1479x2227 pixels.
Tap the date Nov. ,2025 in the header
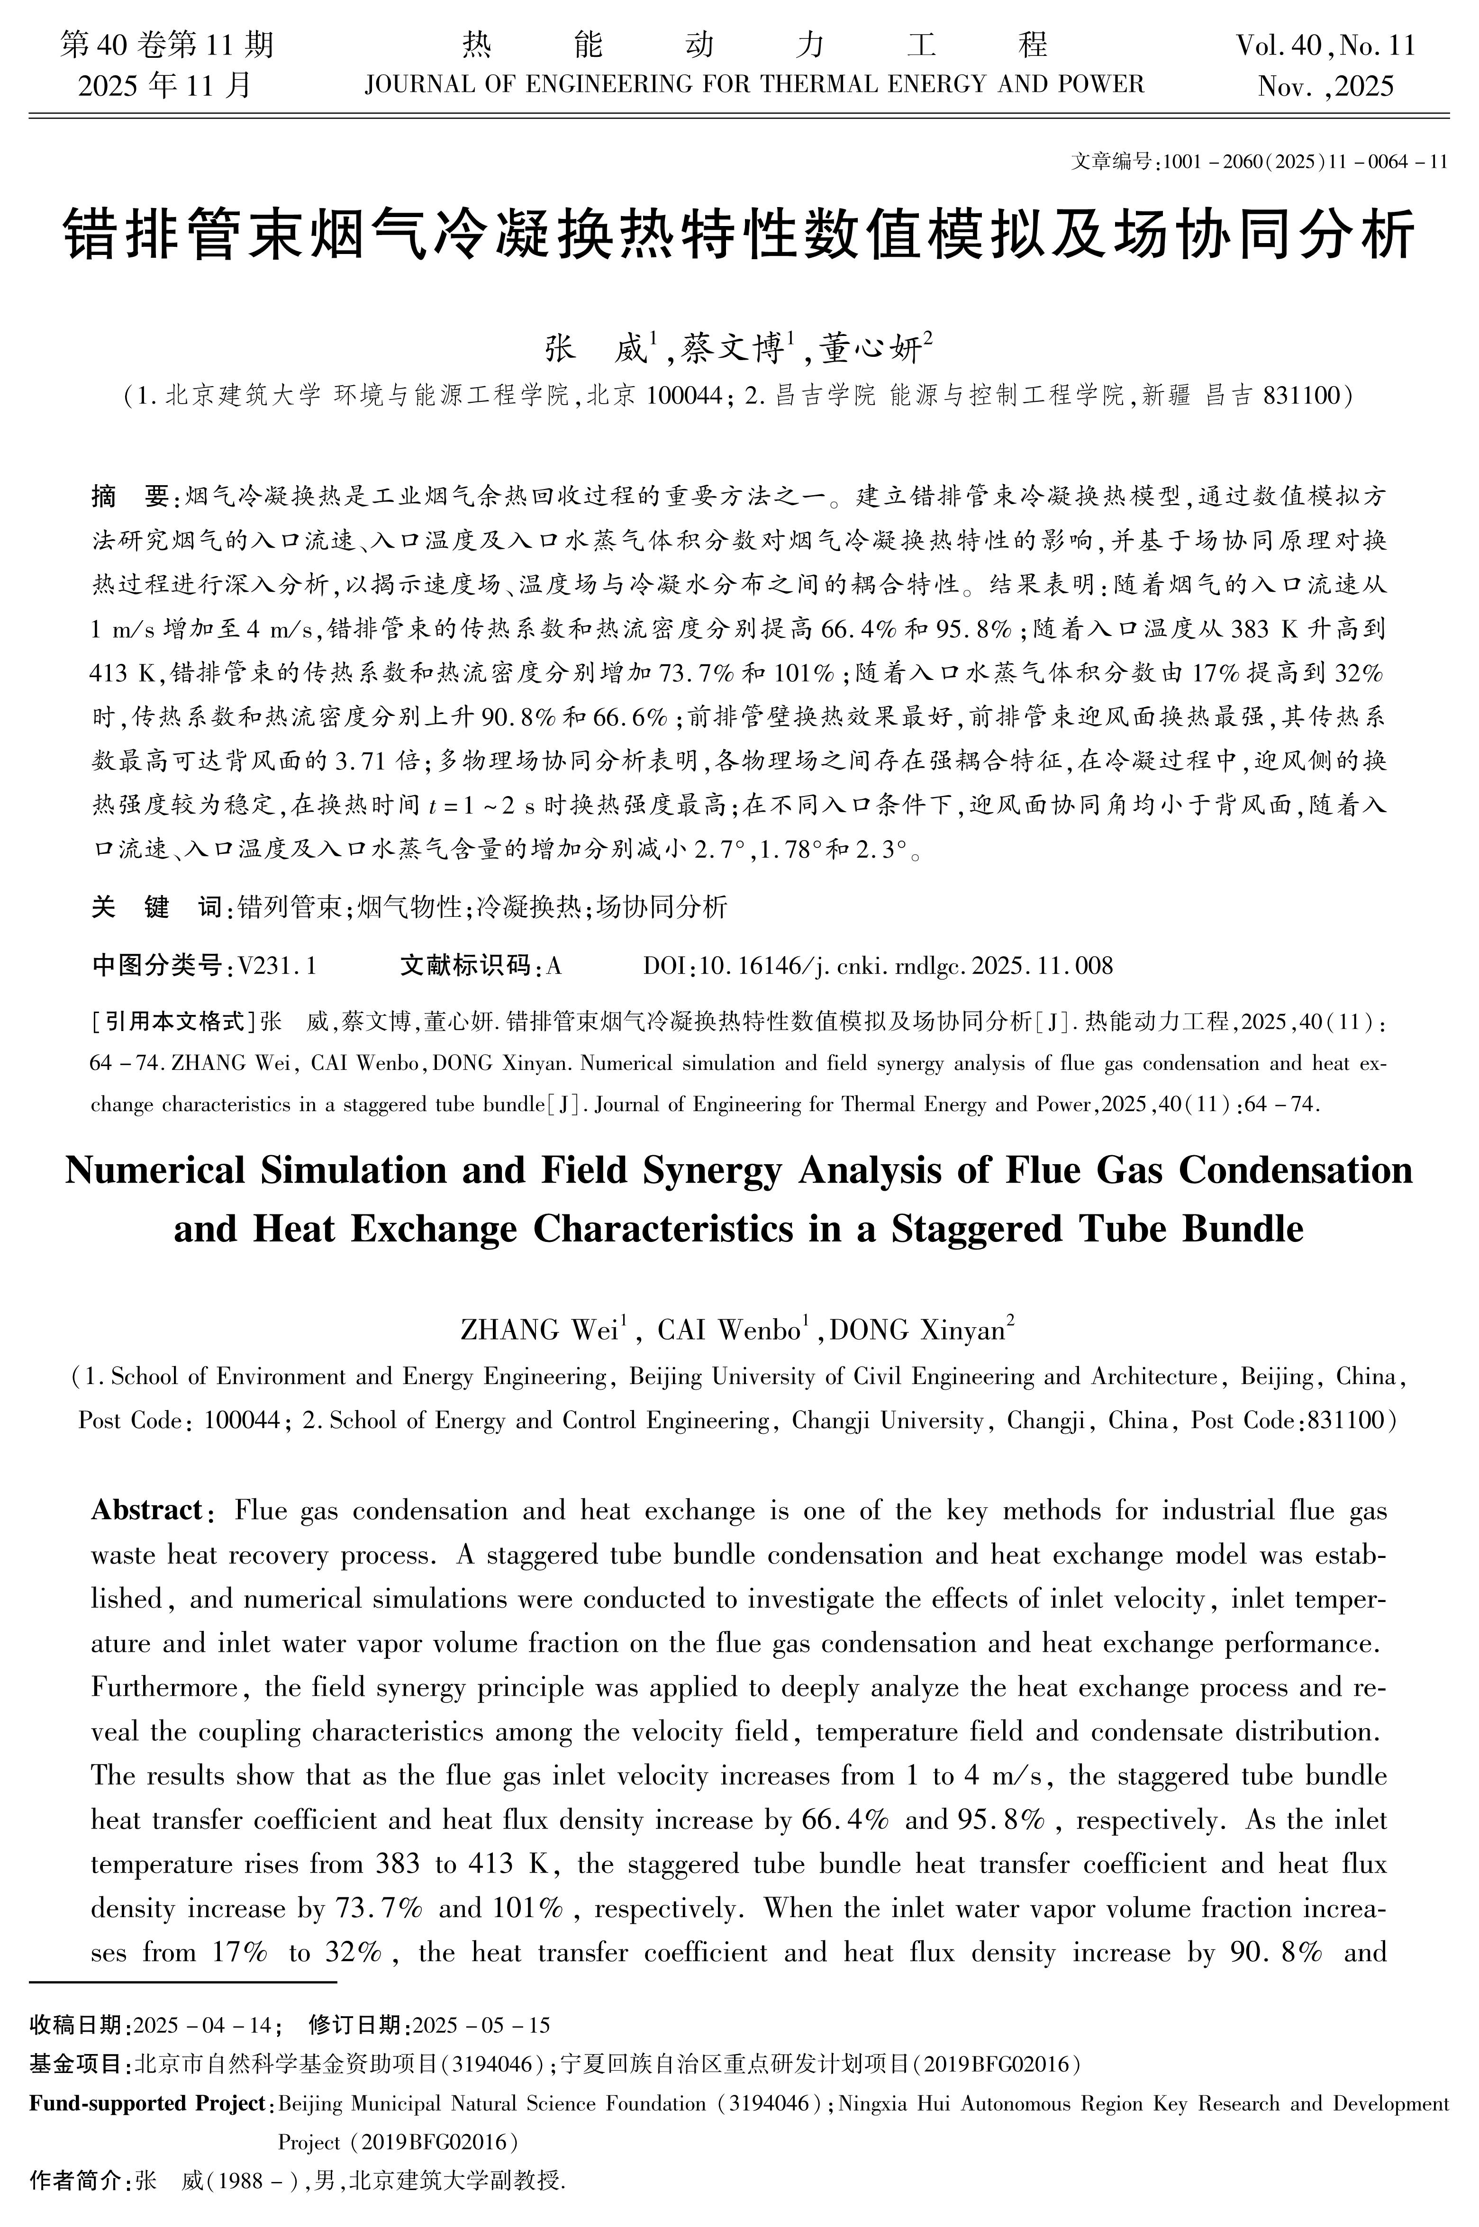pyautogui.click(x=1325, y=87)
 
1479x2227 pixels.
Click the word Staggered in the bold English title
pyautogui.click(x=962, y=1229)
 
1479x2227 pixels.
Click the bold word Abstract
pyautogui.click(x=146, y=1510)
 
